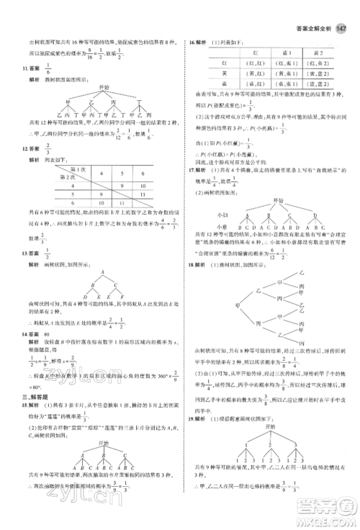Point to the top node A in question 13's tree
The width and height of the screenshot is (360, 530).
coord(102,272)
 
